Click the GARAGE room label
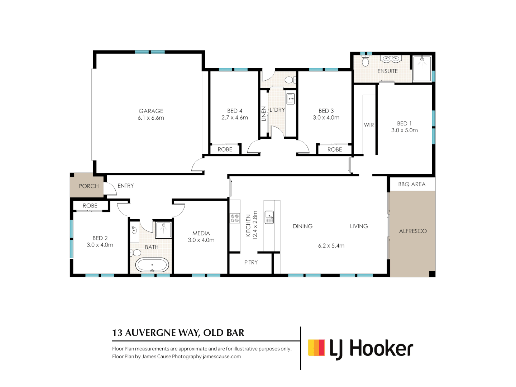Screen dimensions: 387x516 point(151,111)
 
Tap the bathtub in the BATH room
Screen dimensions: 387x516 point(152,265)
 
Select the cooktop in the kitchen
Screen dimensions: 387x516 point(235,218)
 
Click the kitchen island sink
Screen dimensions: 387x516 point(269,217)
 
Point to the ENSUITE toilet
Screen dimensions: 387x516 point(365,61)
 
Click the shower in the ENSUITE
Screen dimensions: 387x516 point(422,68)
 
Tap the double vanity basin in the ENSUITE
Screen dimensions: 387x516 point(391,59)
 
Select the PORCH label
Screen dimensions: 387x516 point(89,186)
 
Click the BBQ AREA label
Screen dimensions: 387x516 point(412,184)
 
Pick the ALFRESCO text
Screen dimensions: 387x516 point(413,231)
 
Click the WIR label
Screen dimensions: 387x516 point(369,125)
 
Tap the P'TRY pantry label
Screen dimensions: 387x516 point(251,262)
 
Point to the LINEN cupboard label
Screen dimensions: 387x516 point(264,114)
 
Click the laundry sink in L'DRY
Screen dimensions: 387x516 point(291,98)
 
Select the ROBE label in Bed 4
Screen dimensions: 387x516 point(225,149)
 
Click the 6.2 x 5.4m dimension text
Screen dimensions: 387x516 point(331,246)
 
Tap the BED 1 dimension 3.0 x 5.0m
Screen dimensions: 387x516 point(404,130)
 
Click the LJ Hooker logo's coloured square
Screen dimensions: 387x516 point(316,348)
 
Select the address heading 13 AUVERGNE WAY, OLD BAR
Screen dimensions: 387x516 point(178,333)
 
